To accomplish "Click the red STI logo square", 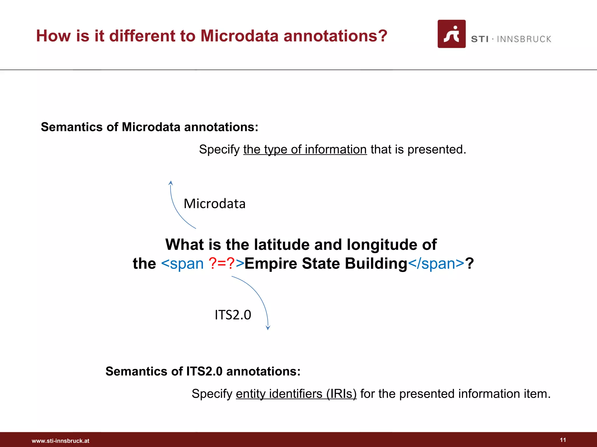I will click(x=451, y=34).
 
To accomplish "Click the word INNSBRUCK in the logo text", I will click(x=524, y=39).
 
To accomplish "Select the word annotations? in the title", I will click(x=335, y=36).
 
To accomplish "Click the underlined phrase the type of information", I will click(x=305, y=150).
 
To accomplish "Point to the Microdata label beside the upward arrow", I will click(x=215, y=203).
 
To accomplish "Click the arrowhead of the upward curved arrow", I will click(x=171, y=183).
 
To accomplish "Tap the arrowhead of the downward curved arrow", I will click(x=268, y=328).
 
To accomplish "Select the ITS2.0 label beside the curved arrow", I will click(x=233, y=315).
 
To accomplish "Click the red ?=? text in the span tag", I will click(x=222, y=263).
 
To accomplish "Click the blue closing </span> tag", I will click(x=436, y=263).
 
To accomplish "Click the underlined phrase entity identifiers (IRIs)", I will click(x=296, y=394).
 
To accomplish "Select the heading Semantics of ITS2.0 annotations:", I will click(x=203, y=371).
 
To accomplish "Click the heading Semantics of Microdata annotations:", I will click(x=150, y=127).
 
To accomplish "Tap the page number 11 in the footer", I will click(x=563, y=440).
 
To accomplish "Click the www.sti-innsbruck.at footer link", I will click(x=60, y=441).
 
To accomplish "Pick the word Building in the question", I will click(x=376, y=263).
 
